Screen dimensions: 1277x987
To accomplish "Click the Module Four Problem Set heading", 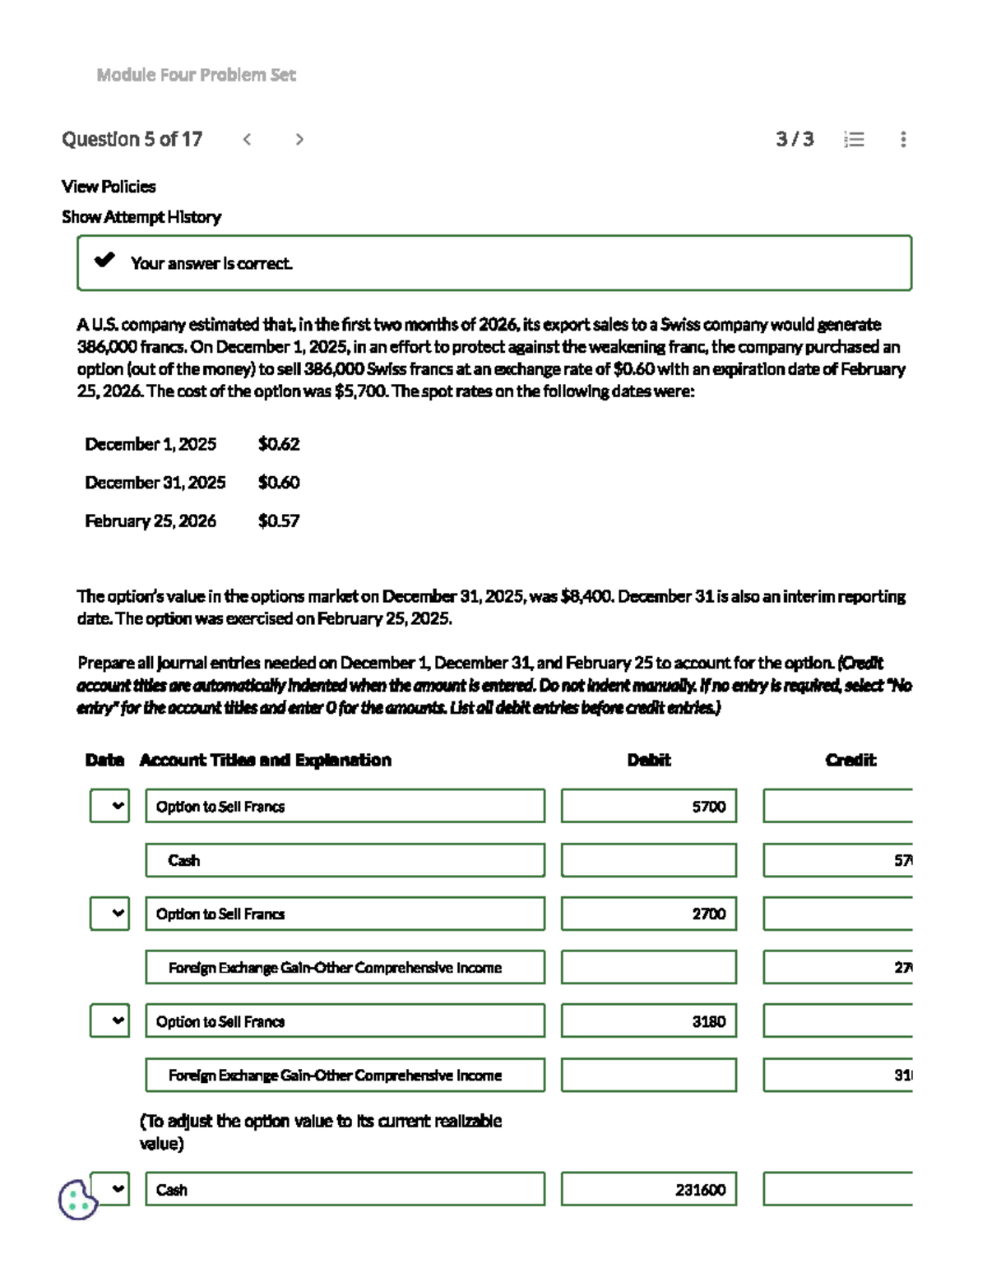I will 196,75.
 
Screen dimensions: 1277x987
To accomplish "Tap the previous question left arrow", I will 247,139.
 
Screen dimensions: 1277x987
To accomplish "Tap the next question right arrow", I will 299,139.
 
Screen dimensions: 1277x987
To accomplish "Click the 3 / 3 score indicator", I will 794,139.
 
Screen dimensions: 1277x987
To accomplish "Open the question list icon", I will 854,139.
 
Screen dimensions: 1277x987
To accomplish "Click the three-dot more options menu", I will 903,139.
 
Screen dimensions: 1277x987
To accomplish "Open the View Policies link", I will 109,187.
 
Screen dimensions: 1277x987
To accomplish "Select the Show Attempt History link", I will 141,217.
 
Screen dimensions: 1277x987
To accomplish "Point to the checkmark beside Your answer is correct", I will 104,261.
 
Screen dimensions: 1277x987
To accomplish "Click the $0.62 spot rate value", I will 279,444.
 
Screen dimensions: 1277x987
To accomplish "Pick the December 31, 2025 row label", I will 155,483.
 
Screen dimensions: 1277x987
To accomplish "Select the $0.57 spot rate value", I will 279,521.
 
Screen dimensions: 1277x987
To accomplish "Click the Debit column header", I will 649,760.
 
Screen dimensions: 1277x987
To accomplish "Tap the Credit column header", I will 850,760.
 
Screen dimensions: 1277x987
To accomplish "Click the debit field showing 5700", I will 648,806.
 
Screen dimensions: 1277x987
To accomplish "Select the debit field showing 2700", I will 648,914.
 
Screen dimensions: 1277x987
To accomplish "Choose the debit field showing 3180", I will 648,1021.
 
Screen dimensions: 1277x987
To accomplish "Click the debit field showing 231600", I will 648,1189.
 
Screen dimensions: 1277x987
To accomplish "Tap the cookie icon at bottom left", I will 77,1200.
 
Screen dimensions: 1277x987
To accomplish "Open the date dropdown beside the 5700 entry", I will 109,806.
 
